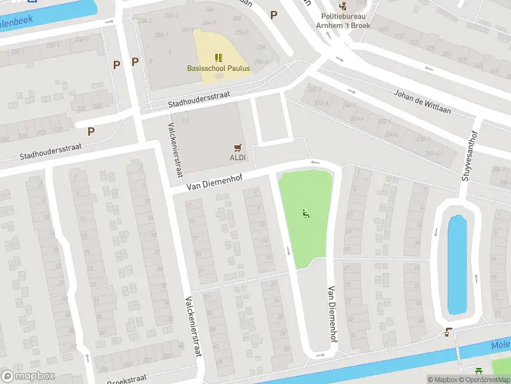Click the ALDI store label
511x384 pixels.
pos(237,157)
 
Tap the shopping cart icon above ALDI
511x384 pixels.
pos(238,147)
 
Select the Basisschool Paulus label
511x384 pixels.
pos(218,68)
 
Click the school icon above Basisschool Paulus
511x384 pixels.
pos(218,58)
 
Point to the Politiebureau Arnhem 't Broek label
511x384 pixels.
pos(346,20)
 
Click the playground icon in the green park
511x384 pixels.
pos(306,214)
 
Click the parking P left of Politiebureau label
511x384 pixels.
pos(274,15)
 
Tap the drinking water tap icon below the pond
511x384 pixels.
pos(449,332)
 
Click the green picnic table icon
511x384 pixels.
pos(479,371)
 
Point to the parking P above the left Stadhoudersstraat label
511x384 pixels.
pos(91,131)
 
